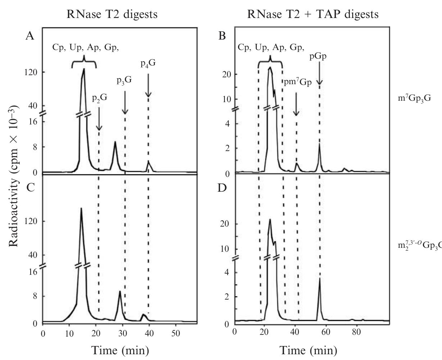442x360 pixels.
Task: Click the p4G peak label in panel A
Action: coord(148,63)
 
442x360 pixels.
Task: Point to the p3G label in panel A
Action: coord(124,80)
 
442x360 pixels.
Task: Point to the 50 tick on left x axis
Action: coord(176,333)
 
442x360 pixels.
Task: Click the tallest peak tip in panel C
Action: coord(81,208)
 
